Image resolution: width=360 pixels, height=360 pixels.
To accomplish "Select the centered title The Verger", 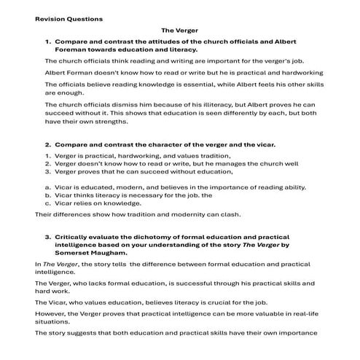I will click(x=179, y=31).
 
